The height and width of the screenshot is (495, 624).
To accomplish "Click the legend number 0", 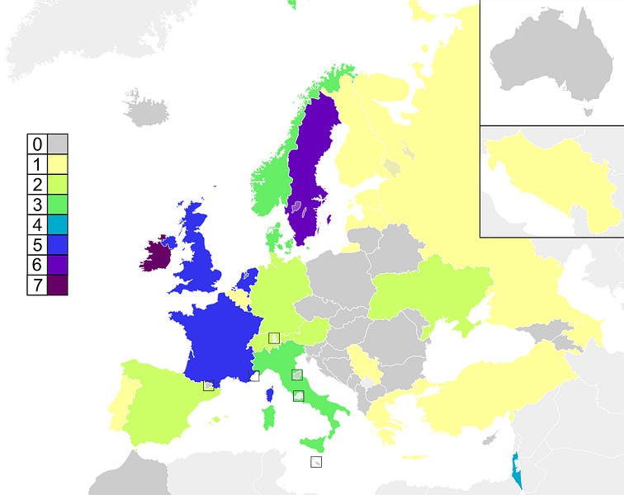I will point(37,144).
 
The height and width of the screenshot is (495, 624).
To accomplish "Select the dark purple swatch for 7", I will point(58,285).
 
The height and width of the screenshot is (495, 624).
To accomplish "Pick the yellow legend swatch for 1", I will point(58,164).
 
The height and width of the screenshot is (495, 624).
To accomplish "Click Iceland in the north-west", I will point(149,110).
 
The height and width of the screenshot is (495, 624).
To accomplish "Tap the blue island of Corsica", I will point(270,395).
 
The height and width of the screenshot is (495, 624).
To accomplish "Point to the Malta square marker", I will point(316,462).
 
